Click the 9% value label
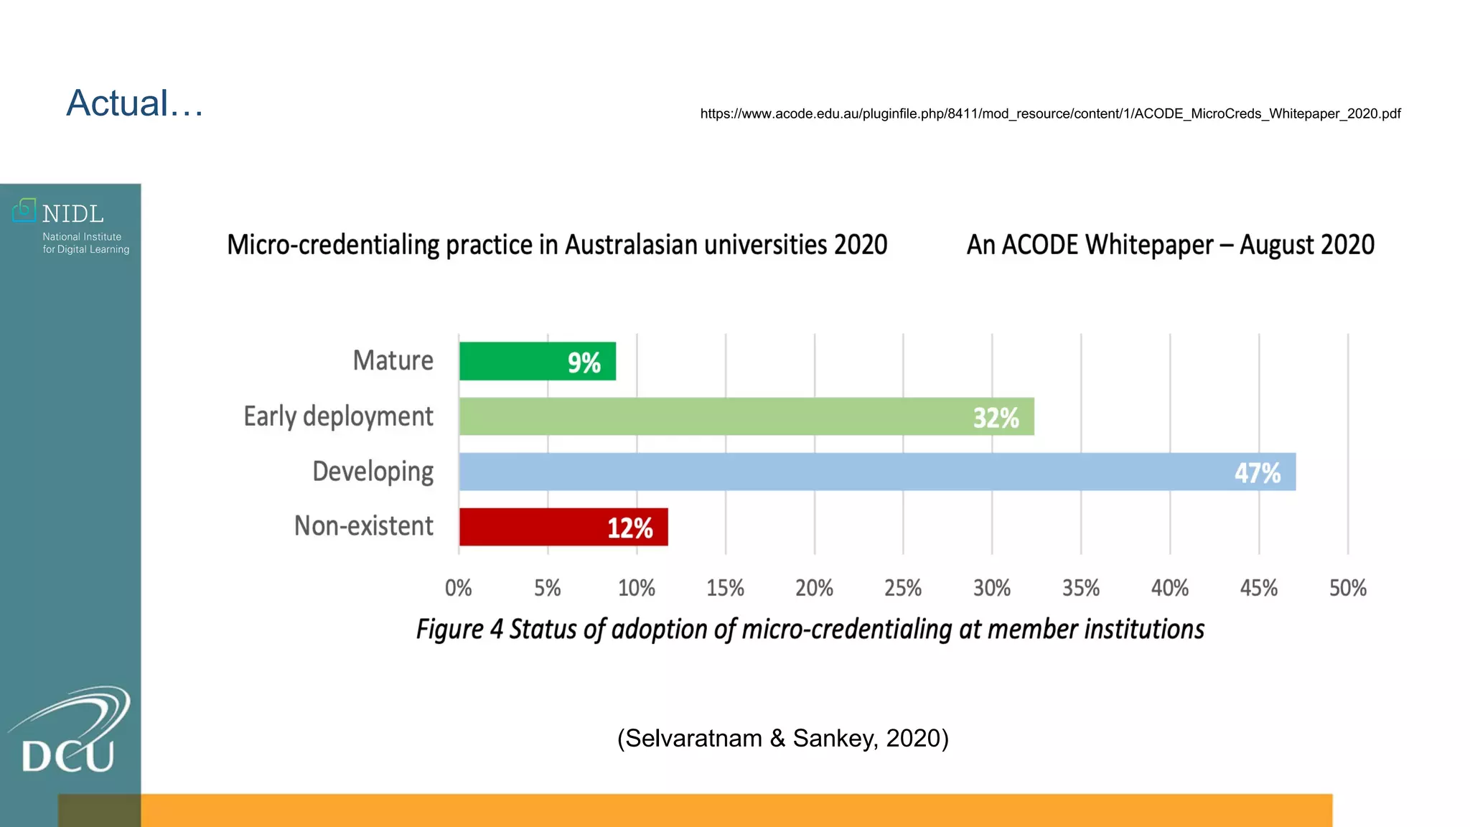584,363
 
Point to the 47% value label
1258,473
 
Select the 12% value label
630,528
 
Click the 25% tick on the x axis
903,588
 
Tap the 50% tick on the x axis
1347,588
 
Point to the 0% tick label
459,588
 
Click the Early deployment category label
338,416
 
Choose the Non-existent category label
363,526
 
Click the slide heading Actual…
135,103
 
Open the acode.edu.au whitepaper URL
1050,113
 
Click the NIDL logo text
72,214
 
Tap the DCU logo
69,732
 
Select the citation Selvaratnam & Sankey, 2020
783,738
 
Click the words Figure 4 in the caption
459,630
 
